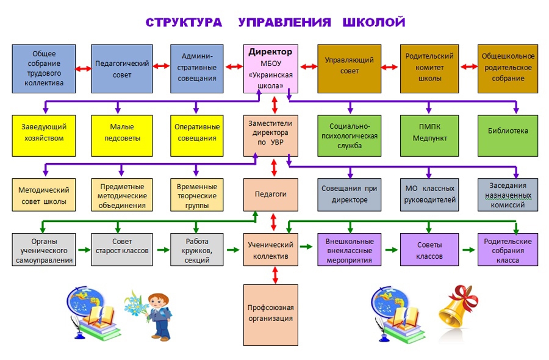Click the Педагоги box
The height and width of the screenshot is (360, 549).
click(271, 195)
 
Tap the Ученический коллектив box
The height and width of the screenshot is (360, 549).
click(271, 250)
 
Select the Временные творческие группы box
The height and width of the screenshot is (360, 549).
click(196, 195)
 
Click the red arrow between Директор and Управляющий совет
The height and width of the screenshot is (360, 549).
click(308, 67)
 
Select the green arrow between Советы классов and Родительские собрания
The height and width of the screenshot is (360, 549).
click(468, 250)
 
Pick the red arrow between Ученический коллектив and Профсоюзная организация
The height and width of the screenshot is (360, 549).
click(274, 275)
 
